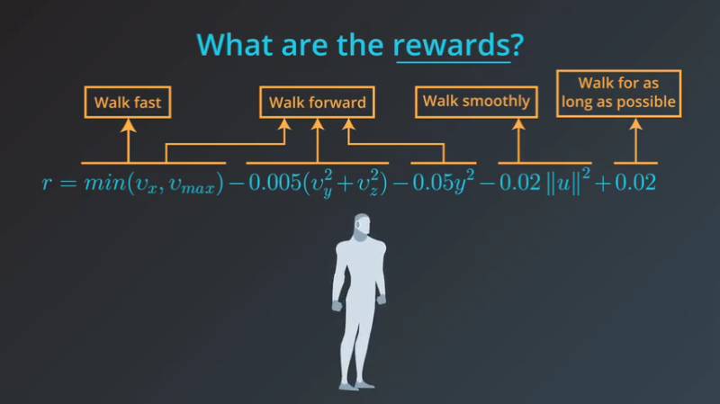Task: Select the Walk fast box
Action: click(x=127, y=102)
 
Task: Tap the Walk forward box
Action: click(x=317, y=102)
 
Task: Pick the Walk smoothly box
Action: click(x=476, y=101)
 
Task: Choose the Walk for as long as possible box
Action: click(x=617, y=94)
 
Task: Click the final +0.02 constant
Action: click(x=635, y=183)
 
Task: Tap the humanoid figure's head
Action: click(x=360, y=225)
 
